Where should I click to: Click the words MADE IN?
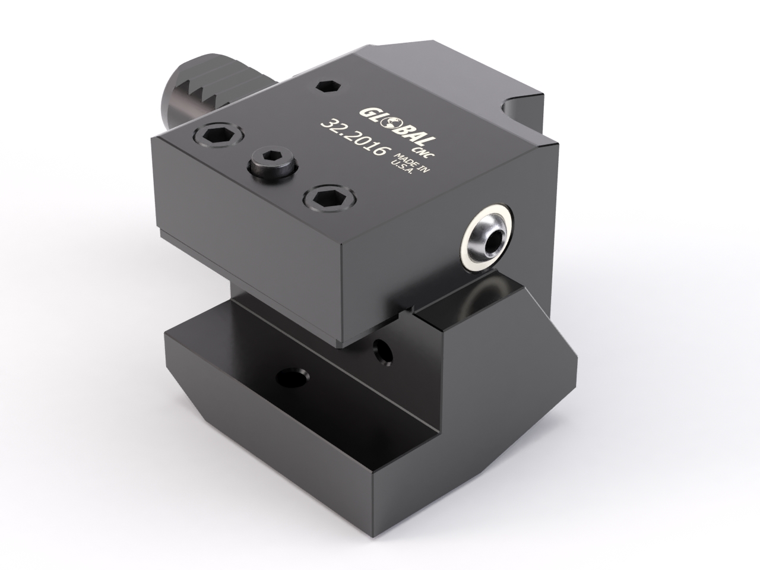(411, 163)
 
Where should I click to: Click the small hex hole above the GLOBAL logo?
(329, 86)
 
